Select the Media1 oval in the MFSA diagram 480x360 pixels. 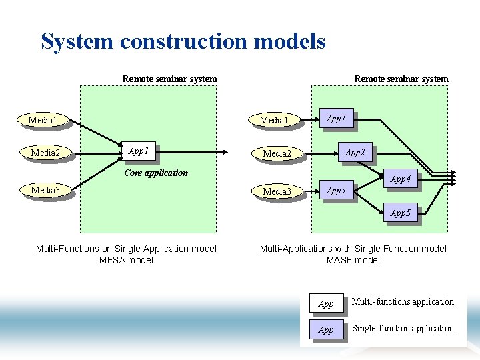pos(43,121)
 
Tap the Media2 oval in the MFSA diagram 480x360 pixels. pos(45,153)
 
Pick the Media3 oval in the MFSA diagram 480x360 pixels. pos(45,190)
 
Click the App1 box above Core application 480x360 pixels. pos(139,151)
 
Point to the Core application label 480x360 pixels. pos(156,173)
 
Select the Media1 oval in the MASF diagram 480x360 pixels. pos(273,121)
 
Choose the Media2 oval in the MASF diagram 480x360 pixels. pos(277,154)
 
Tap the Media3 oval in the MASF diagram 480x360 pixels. pos(277,192)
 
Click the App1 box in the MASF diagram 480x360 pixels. pos(336,119)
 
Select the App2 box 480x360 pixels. pos(355,153)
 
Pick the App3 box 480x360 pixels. pos(336,191)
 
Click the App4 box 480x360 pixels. pos(400,179)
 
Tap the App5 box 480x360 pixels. pos(400,213)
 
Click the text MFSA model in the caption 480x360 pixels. pos(126,260)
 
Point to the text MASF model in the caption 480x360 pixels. pos(353,260)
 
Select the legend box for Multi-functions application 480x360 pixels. pos(326,303)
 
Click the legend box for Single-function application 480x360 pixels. pos(326,329)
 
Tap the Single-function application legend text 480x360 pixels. pos(402,328)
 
